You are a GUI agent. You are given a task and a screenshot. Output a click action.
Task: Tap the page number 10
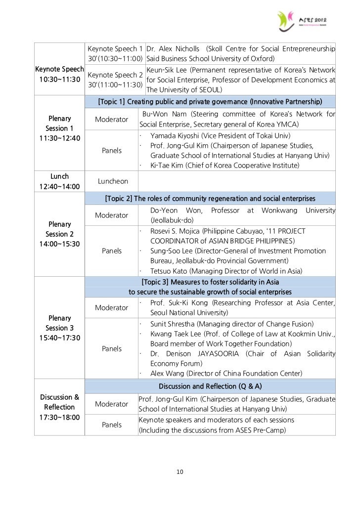180,472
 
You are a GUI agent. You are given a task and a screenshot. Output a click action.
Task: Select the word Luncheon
113,182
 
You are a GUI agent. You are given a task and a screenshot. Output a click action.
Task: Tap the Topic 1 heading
210,102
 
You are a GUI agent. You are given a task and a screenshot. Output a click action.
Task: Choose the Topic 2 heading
210,199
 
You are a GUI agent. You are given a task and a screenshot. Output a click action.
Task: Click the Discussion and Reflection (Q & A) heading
210,385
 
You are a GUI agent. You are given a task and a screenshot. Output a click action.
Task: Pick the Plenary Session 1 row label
59,124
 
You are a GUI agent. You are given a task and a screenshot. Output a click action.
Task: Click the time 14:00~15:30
59,244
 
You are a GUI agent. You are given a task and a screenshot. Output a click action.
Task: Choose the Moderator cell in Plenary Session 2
112,215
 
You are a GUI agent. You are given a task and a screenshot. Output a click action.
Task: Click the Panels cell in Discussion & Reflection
112,424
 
